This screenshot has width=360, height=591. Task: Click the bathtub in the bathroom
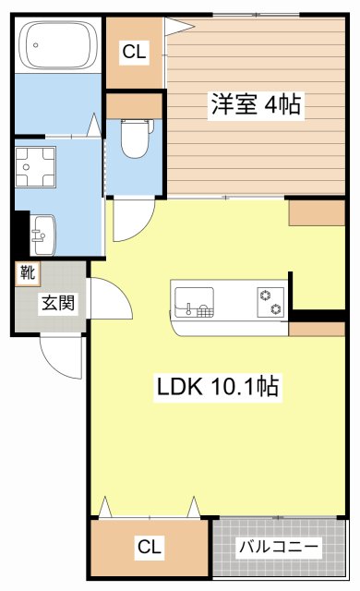coord(57,45)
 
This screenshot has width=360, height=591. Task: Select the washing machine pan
coord(35,167)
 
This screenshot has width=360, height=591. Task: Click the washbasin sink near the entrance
coord(42,235)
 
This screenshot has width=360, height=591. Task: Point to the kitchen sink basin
coord(195,301)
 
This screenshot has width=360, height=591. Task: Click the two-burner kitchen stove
coord(270,302)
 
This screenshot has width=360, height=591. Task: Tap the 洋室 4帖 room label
coord(256,103)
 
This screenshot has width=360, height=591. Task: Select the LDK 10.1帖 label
coord(218,386)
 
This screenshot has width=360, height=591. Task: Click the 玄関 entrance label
coord(58,302)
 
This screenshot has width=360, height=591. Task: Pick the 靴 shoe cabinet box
coord(28,272)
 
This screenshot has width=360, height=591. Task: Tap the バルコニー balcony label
coord(279,546)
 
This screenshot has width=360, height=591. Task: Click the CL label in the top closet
coord(134,52)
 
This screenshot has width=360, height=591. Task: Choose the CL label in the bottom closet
coord(150,547)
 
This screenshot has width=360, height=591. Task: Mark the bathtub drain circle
coord(36,45)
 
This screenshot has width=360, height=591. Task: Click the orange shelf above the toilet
coord(135,106)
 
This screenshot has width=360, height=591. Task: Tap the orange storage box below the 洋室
coord(317,213)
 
